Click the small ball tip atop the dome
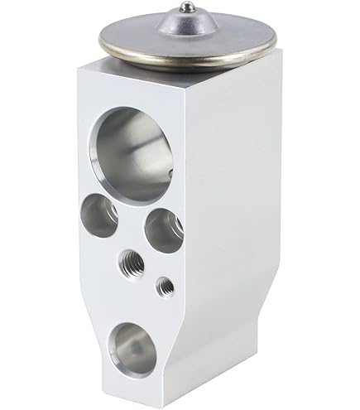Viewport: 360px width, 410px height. coord(189,7)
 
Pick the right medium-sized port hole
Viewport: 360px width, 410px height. coord(164,229)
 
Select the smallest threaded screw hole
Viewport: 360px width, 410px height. coord(166,287)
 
